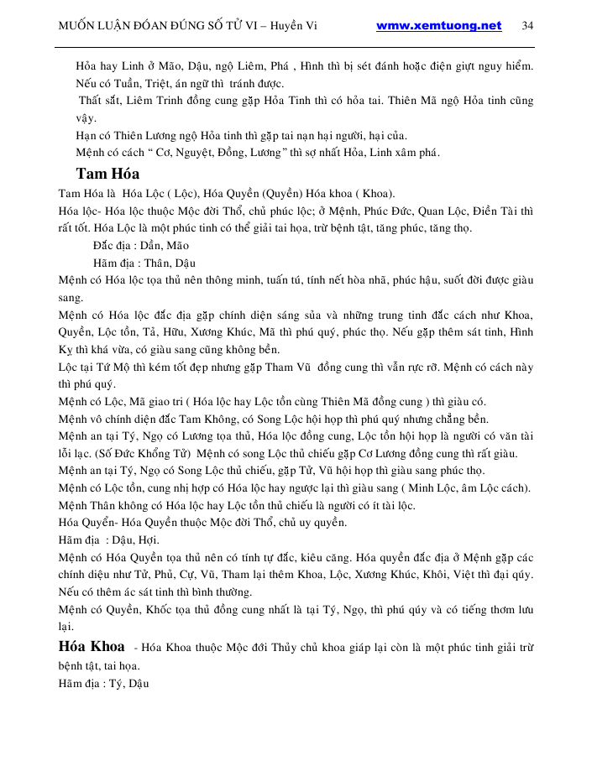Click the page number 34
pos(527,25)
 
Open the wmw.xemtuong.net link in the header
pos(438,25)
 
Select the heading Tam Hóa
pos(107,174)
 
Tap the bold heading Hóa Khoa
pos(92,647)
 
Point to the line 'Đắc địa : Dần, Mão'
pos(141,245)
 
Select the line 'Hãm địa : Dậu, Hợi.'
pos(109,539)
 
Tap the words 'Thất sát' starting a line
pos(100,101)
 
